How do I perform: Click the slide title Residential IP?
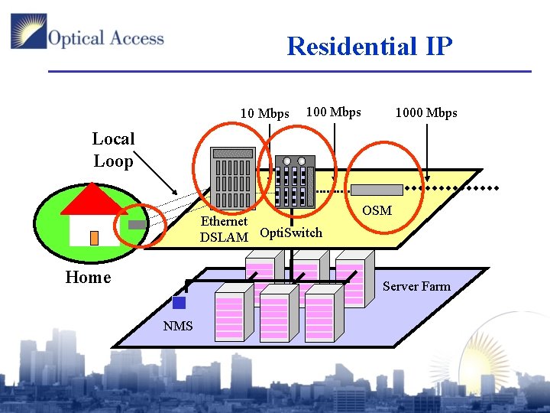(370, 47)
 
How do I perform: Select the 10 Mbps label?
(264, 114)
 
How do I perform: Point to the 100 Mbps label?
(333, 112)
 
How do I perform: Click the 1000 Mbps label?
(426, 113)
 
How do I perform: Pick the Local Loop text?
(113, 150)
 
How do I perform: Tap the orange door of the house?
(94, 238)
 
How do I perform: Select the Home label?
(88, 278)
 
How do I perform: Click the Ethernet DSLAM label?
(224, 229)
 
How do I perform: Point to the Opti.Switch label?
(291, 233)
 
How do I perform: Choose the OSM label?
(377, 210)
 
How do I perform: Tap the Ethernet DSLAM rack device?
(233, 177)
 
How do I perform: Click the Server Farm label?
(416, 286)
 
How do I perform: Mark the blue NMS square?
(179, 303)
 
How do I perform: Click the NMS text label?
(178, 327)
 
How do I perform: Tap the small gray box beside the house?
(136, 225)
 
